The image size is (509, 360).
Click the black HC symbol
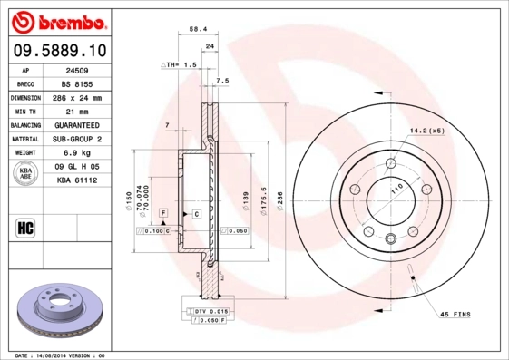tap(24, 227)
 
